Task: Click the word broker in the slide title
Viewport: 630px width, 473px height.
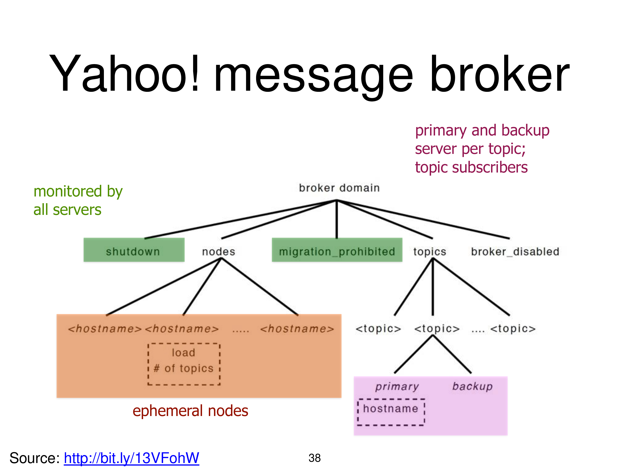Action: point(500,74)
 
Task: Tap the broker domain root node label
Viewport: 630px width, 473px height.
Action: point(339,188)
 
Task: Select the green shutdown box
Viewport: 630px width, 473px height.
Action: point(134,250)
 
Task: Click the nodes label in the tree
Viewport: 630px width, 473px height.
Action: point(218,252)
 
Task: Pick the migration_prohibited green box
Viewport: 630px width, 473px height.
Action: point(337,250)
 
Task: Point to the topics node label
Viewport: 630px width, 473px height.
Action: point(430,252)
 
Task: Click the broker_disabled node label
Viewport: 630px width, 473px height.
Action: point(515,252)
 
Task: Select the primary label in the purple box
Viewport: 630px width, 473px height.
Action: point(397,387)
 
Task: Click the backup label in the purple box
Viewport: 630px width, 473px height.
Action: point(472,387)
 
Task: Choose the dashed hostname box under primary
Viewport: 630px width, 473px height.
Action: point(391,412)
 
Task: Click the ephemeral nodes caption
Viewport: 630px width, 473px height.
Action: point(190,411)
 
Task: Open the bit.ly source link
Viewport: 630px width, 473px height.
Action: point(131,458)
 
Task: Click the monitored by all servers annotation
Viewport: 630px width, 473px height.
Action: point(78,200)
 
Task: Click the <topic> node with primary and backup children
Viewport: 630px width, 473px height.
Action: point(437,329)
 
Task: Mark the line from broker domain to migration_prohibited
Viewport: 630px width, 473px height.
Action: point(337,220)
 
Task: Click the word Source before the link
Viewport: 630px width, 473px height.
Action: point(34,458)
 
